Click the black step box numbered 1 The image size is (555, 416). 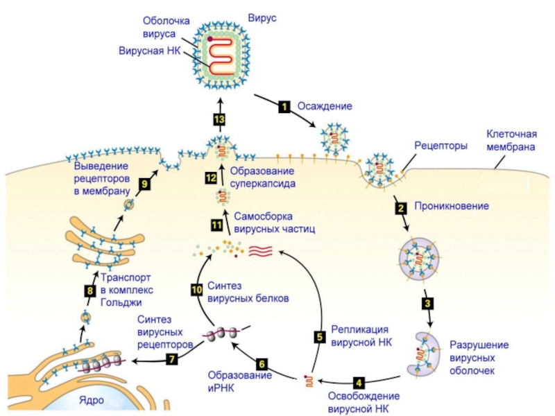(284, 107)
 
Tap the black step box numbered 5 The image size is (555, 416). (320, 337)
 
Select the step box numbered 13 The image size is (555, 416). (219, 119)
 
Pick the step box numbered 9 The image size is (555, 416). (144, 184)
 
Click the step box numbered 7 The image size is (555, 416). (172, 359)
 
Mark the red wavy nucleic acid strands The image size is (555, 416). (261, 250)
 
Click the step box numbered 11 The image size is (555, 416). (216, 224)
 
